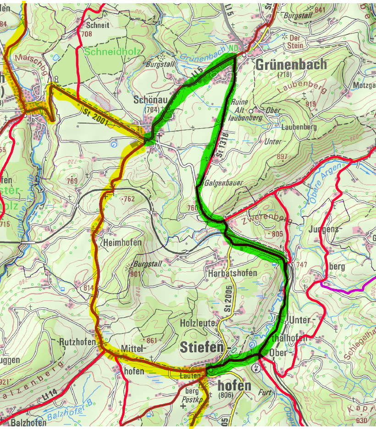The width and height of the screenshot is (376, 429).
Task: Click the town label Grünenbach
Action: pyautogui.click(x=291, y=64)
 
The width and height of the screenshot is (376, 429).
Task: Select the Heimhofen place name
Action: pyautogui.click(x=122, y=242)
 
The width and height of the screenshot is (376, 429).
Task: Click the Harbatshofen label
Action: pyautogui.click(x=232, y=273)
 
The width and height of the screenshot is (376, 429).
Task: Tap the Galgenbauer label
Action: pyautogui.click(x=224, y=183)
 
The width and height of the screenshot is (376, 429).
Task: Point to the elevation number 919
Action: pyautogui.click(x=310, y=104)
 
